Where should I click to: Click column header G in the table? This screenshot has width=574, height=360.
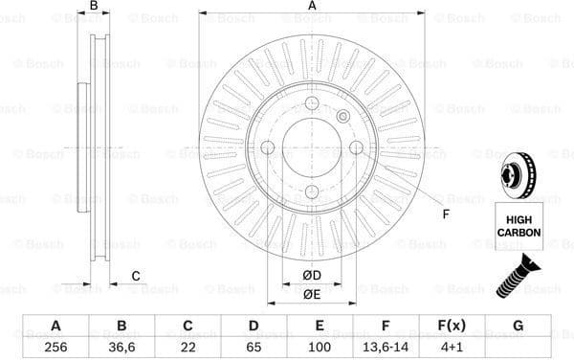click(x=519, y=326)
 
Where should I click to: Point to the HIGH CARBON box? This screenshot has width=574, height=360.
click(x=519, y=227)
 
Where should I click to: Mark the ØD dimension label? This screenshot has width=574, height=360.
click(x=312, y=277)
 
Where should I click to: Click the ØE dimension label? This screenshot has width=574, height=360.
click(x=312, y=294)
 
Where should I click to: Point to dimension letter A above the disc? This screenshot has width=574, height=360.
click(x=312, y=7)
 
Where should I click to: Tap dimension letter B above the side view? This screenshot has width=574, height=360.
click(x=93, y=7)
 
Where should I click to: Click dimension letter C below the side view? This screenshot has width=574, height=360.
click(x=136, y=277)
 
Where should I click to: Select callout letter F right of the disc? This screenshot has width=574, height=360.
click(x=445, y=213)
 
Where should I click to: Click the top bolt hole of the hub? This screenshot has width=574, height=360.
click(x=312, y=103)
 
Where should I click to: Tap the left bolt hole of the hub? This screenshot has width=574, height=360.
click(x=268, y=147)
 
